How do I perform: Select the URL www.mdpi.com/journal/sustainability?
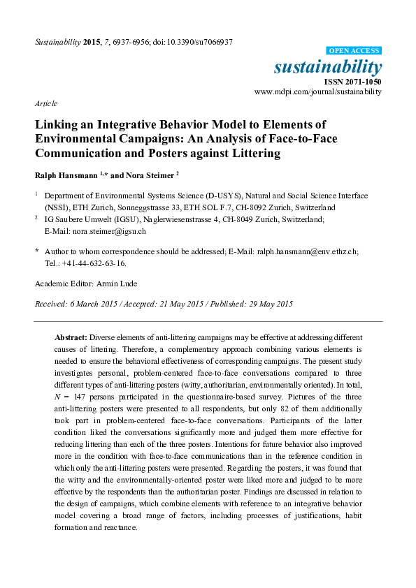pyautogui.click(x=318, y=91)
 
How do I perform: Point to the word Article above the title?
pyautogui.click(x=45, y=103)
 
